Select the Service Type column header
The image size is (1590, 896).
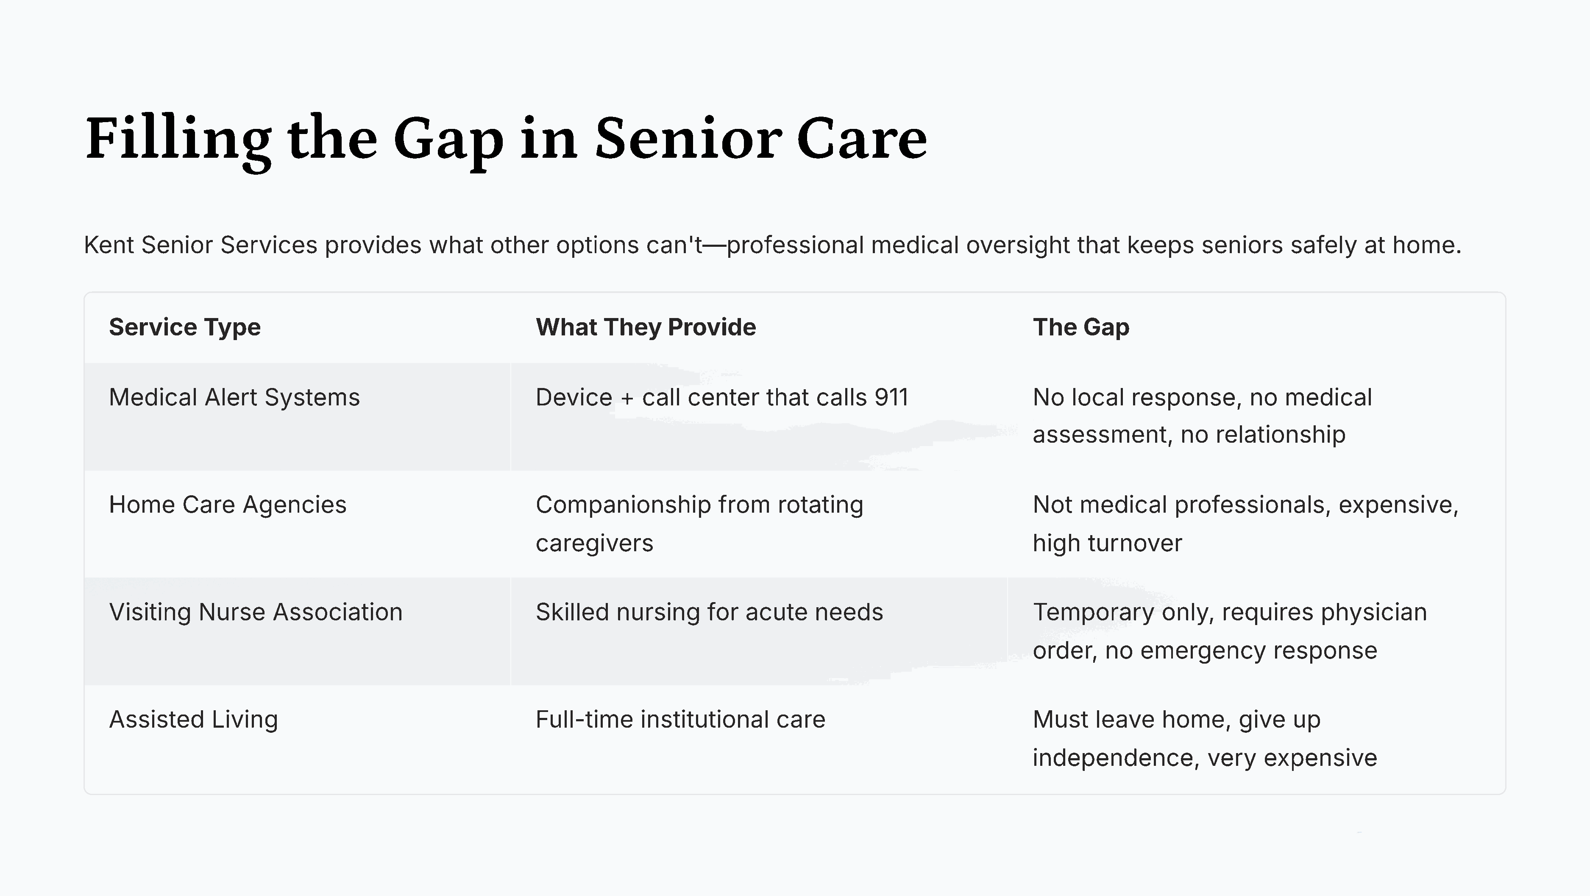(184, 327)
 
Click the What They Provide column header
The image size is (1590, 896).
(646, 327)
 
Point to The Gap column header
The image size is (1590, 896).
(1081, 327)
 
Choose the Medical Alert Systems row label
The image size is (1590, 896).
(234, 398)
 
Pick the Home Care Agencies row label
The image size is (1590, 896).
(227, 505)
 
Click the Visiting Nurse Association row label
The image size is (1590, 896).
(256, 613)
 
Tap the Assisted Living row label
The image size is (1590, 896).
(193, 720)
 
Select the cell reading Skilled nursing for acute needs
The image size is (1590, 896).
(709, 613)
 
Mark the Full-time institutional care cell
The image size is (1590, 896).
(680, 720)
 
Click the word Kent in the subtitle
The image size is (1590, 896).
(108, 245)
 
